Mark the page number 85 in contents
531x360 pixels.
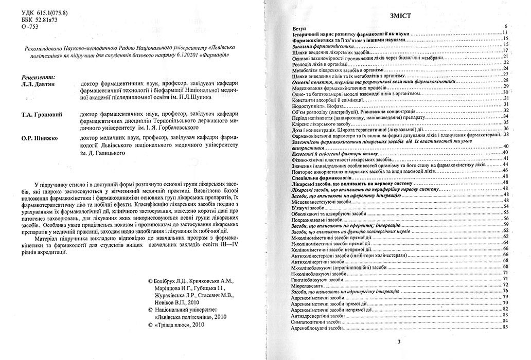coord(506,327)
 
